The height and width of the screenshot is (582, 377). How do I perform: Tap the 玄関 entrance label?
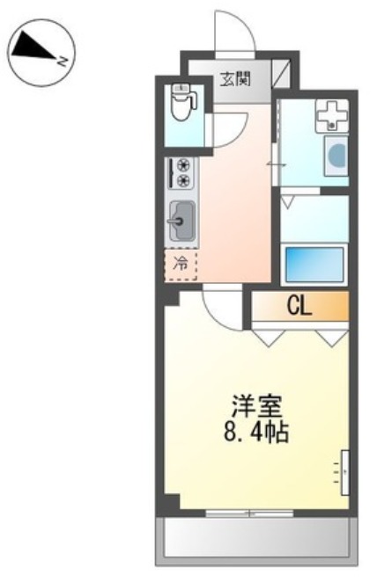coord(235,78)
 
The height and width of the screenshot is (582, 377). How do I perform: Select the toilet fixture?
coord(183,105)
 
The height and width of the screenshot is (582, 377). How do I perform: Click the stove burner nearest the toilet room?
coord(184,164)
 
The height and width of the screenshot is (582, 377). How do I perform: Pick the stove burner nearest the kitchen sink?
coord(184,180)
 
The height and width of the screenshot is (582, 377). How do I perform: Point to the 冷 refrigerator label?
coord(181,262)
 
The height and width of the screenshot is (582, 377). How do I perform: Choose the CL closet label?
coord(299,307)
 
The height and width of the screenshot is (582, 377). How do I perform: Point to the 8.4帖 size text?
coord(256,433)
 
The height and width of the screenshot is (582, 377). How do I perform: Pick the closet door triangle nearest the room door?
coord(267,337)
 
